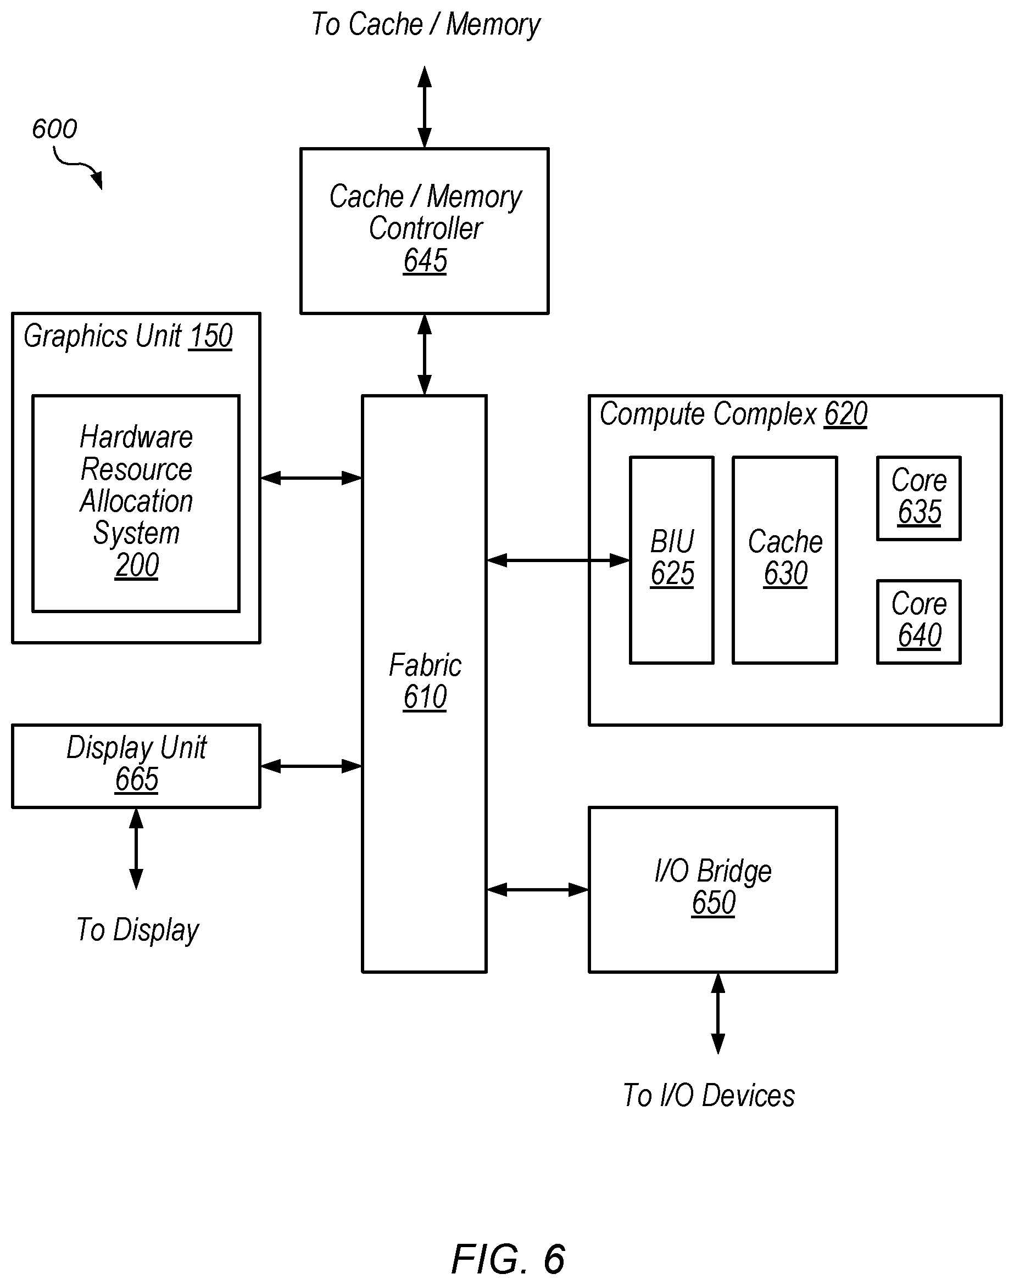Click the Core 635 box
pyautogui.click(x=918, y=498)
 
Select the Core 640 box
pyautogui.click(x=918, y=622)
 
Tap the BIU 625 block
pyautogui.click(x=671, y=560)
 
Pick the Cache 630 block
pyautogui.click(x=785, y=560)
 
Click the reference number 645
pyautogui.click(x=425, y=261)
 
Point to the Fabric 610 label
pyautogui.click(x=425, y=681)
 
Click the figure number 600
pyautogui.click(x=54, y=129)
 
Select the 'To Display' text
pyautogui.click(x=138, y=930)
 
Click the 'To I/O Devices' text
pyautogui.click(x=709, y=1095)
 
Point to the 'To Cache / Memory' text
pyautogui.click(x=426, y=25)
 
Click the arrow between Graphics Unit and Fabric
pyautogui.click(x=311, y=478)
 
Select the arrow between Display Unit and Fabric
pyautogui.click(x=311, y=766)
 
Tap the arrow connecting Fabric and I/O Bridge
pyautogui.click(x=537, y=890)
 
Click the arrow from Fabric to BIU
pyautogui.click(x=558, y=560)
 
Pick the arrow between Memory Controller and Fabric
pyautogui.click(x=425, y=354)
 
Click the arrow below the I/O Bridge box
pyautogui.click(x=718, y=1013)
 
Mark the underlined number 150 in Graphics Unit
pyautogui.click(x=210, y=337)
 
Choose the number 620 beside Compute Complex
pyautogui.click(x=846, y=414)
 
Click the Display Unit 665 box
pyautogui.click(x=136, y=766)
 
